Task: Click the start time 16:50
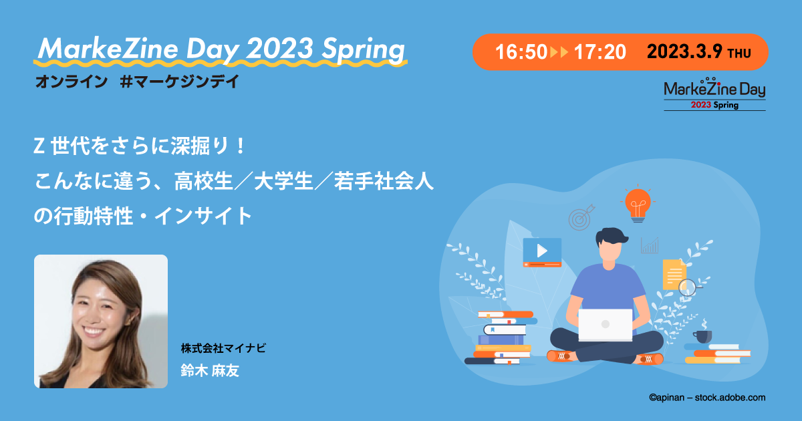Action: tap(521, 52)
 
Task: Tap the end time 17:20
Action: tap(599, 52)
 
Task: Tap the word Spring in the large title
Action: tap(364, 49)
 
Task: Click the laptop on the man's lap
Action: tap(605, 325)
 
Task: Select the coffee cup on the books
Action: tap(702, 335)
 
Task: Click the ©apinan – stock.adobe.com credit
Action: tap(706, 398)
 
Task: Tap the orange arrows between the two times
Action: tap(559, 52)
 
